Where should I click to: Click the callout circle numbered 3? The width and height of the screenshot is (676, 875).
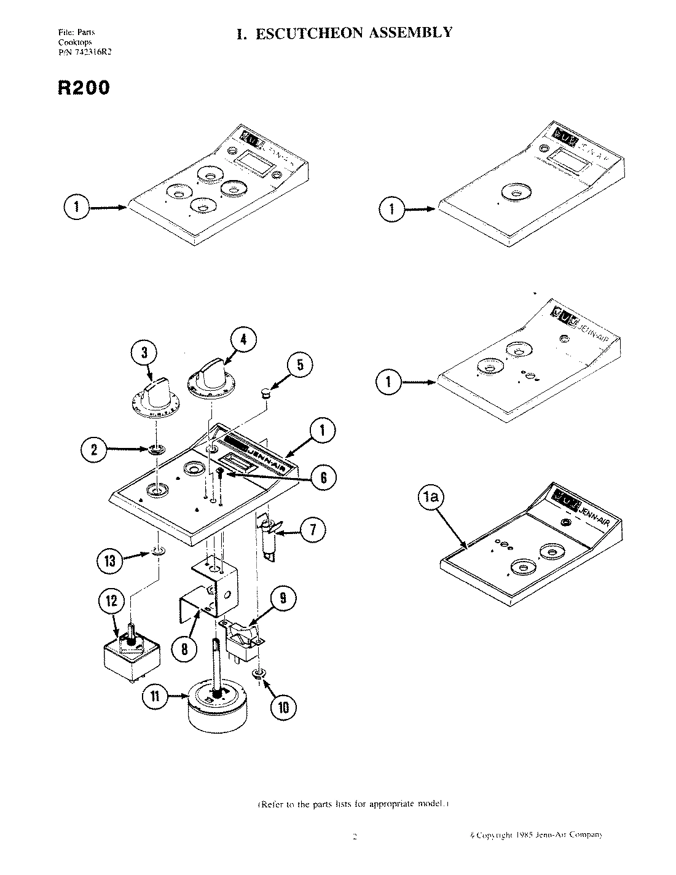coord(144,353)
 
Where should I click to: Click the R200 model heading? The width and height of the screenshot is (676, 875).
coord(84,88)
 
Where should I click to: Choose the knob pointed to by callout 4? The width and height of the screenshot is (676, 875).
coord(209,377)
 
